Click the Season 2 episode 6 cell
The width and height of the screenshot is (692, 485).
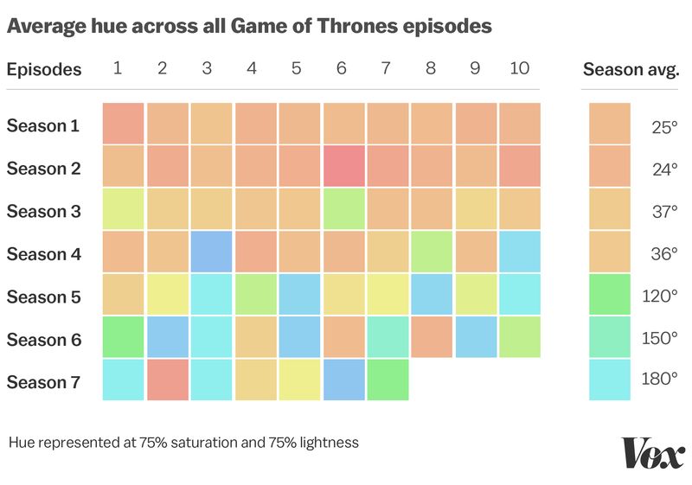click(344, 166)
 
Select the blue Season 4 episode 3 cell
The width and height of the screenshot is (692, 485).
click(211, 252)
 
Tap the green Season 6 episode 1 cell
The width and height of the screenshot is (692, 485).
click(123, 337)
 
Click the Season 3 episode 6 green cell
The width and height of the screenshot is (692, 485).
click(344, 209)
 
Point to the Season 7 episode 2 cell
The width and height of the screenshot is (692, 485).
click(167, 380)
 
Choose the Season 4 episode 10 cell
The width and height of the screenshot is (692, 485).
click(520, 252)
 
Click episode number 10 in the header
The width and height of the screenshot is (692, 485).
click(520, 68)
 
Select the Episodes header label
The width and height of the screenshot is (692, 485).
click(44, 69)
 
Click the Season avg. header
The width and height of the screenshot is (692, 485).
click(631, 69)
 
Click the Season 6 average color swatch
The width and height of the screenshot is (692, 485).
click(610, 337)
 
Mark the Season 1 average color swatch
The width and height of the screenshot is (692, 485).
click(610, 124)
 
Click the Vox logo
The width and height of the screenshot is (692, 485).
click(653, 453)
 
